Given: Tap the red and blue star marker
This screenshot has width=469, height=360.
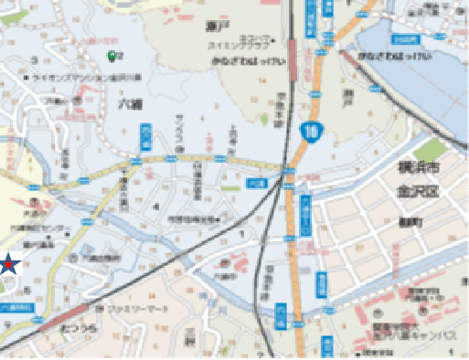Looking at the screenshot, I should pos(8,265).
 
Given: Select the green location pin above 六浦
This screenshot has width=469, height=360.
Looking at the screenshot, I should pos(112,57).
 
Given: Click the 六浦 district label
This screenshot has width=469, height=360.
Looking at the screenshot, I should pos(129,104).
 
